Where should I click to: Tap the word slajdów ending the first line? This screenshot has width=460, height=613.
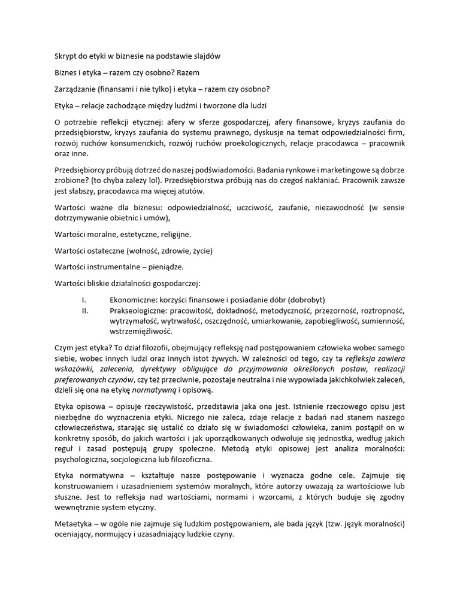(206, 56)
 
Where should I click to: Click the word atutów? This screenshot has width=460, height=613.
(188, 192)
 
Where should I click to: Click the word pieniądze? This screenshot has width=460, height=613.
(165, 267)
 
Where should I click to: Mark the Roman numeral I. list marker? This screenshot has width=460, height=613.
(84, 300)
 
